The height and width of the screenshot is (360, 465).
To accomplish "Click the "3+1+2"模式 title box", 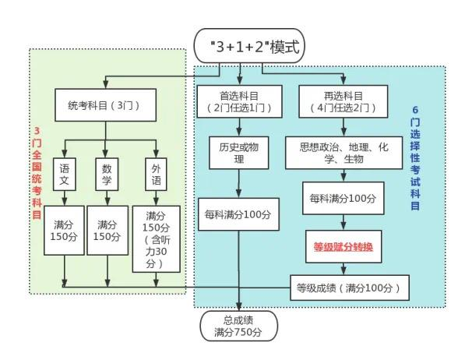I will (250, 47).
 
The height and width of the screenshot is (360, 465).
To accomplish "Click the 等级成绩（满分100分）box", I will (348, 288).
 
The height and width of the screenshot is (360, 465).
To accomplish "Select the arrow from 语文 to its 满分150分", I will (65, 196).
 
